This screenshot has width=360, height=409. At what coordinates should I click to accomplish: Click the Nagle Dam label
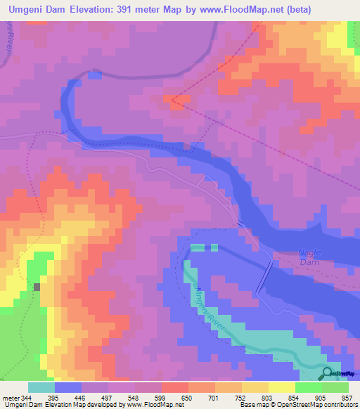290,257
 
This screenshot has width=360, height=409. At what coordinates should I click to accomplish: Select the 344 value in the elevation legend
30,397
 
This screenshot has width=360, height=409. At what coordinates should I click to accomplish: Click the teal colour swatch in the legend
41,387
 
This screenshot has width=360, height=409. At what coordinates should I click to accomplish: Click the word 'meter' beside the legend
12,397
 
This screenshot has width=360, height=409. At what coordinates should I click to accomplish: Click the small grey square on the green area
37,287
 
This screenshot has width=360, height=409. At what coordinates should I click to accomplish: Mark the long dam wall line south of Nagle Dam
264,278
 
